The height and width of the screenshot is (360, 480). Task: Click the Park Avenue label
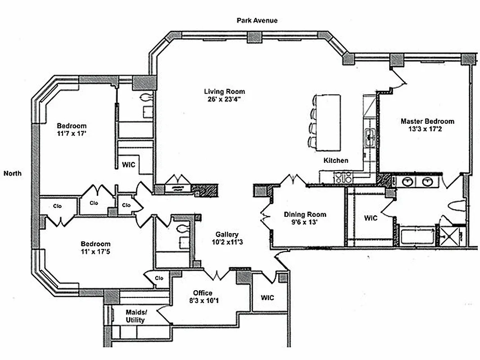click(257, 21)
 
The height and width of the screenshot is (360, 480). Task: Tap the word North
click(13, 173)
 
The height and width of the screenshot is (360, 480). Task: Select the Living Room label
click(224, 91)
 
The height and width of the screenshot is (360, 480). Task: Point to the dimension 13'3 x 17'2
click(425, 129)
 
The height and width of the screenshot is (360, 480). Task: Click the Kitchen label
click(336, 160)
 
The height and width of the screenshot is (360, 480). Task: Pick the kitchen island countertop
click(328, 122)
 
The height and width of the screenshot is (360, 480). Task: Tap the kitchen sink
click(370, 137)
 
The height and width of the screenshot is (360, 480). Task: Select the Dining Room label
click(305, 214)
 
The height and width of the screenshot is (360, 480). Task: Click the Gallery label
click(227, 234)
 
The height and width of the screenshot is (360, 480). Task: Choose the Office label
click(202, 293)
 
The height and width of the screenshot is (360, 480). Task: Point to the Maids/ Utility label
click(136, 316)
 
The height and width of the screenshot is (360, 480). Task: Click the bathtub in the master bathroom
click(418, 236)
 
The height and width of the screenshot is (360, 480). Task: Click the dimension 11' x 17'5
click(95, 252)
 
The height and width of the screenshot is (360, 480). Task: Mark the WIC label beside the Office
click(267, 297)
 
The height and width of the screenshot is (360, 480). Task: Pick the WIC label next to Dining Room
click(371, 218)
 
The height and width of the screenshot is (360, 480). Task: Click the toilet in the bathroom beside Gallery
click(183, 228)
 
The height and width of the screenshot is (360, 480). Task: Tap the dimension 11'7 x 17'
click(72, 134)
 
